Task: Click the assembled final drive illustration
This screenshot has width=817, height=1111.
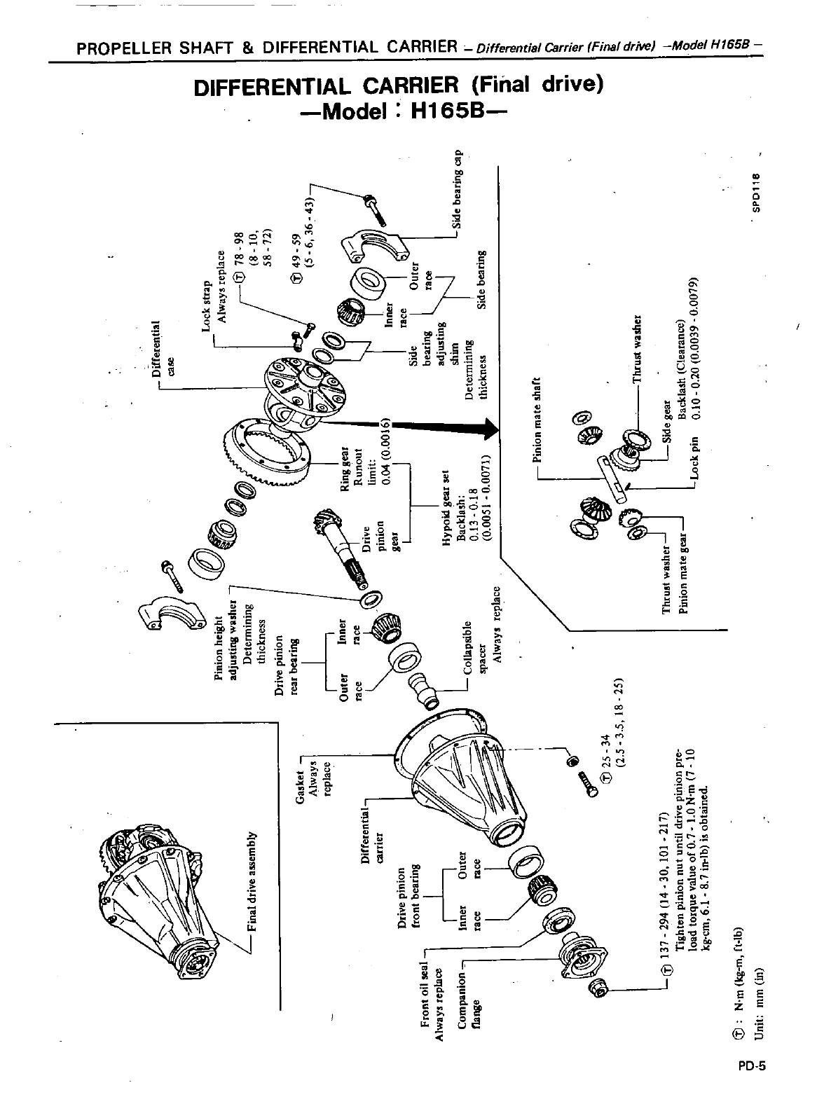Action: click(157, 904)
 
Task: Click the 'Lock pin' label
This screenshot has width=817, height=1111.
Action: click(695, 462)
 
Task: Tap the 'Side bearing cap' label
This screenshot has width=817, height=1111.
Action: click(458, 189)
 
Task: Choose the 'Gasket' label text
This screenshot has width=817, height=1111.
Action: click(303, 783)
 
